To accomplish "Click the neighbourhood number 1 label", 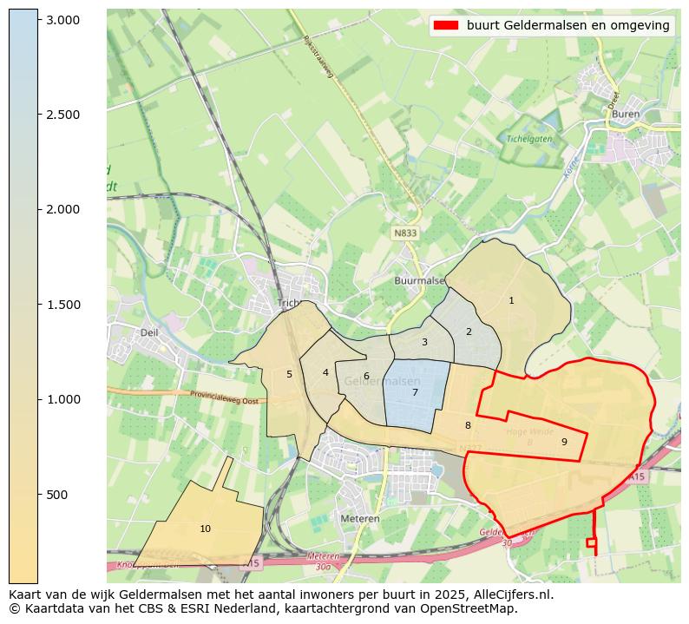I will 511,300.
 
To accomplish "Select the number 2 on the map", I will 469,332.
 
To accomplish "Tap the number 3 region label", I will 424,342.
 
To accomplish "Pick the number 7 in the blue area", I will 415,392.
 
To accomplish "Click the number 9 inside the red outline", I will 564,442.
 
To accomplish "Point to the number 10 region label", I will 205,529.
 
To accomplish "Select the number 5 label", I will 289,374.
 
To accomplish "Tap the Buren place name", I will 625,114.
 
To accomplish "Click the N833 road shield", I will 404,233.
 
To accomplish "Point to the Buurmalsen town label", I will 419,281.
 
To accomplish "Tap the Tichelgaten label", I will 554,139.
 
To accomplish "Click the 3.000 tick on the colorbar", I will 62,20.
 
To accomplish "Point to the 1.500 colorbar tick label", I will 62,305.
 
